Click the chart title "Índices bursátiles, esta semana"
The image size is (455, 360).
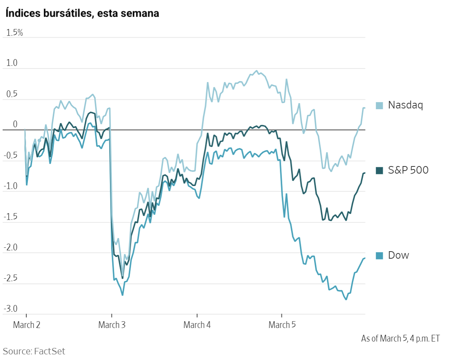pos(82,14)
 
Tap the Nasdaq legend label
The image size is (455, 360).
pos(405,105)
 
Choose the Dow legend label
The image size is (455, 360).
pos(398,255)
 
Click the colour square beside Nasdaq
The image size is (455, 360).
pos(380,105)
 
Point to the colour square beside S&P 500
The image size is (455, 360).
pos(380,171)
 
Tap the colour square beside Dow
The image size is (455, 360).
pos(380,256)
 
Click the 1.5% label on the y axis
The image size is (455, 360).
pos(15,33)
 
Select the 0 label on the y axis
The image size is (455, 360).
pos(15,125)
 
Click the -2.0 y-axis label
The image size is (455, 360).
pos(11,247)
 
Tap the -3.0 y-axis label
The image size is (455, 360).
pos(11,309)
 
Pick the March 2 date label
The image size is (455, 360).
pos(26,325)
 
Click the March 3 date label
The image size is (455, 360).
pos(111,325)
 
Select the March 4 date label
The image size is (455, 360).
pos(197,325)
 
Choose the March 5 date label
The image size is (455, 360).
pos(282,325)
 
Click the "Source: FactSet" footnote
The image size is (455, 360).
pos(34,351)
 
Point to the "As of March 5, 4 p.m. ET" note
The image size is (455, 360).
pos(400,339)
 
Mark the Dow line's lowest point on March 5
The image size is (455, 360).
pos(346,299)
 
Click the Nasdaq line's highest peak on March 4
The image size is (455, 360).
pos(257,71)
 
